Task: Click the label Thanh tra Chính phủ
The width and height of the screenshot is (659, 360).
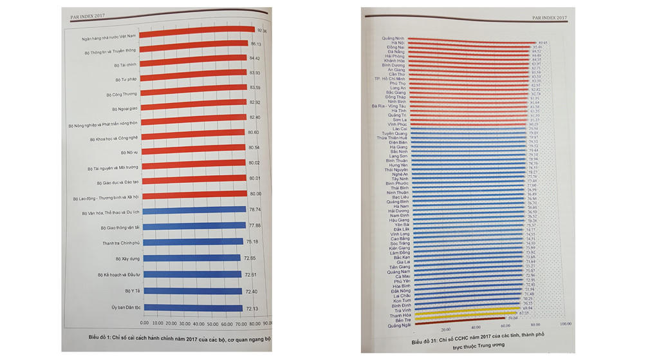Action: click(116, 243)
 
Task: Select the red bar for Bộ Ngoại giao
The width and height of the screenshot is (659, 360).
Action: click(193, 106)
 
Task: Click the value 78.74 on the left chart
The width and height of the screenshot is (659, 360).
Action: click(255, 209)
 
